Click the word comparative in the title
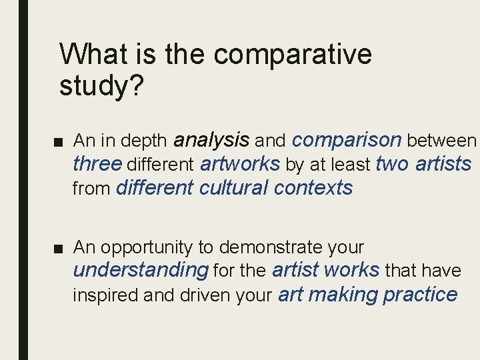[293, 55]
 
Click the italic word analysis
[211, 139]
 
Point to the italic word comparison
[347, 139]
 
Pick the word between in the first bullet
[441, 141]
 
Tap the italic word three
[97, 163]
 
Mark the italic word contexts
[313, 187]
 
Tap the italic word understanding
[141, 271]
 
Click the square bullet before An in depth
[60, 141]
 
